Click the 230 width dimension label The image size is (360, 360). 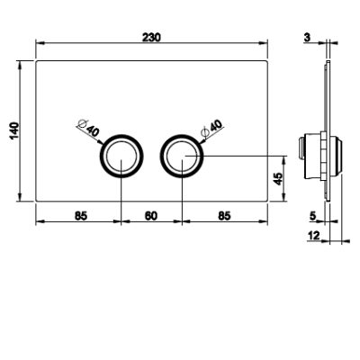point(151,38)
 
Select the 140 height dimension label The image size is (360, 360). point(14,130)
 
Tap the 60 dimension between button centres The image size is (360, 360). point(151,216)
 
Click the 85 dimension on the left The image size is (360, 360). point(81,216)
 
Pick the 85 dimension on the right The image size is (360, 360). point(224,216)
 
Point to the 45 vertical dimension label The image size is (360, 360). point(278,179)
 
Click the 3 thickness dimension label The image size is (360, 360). point(307,38)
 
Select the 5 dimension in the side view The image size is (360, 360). point(312,216)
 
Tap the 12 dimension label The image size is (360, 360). point(314,236)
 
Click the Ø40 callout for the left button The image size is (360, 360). point(88,128)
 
